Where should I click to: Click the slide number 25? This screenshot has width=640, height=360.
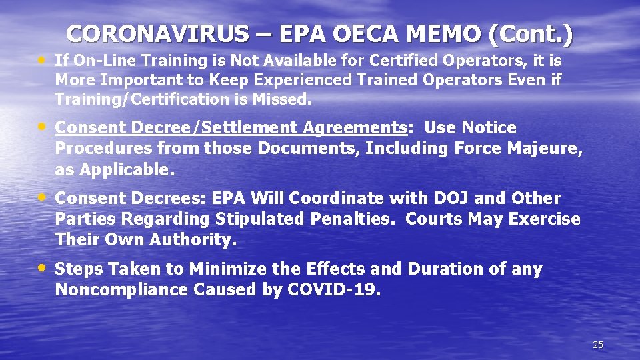(x=598, y=345)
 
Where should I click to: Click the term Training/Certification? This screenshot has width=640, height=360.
(x=140, y=99)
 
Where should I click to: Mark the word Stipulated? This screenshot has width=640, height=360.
(x=265, y=219)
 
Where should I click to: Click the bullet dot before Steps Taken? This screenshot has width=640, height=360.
(x=43, y=267)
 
